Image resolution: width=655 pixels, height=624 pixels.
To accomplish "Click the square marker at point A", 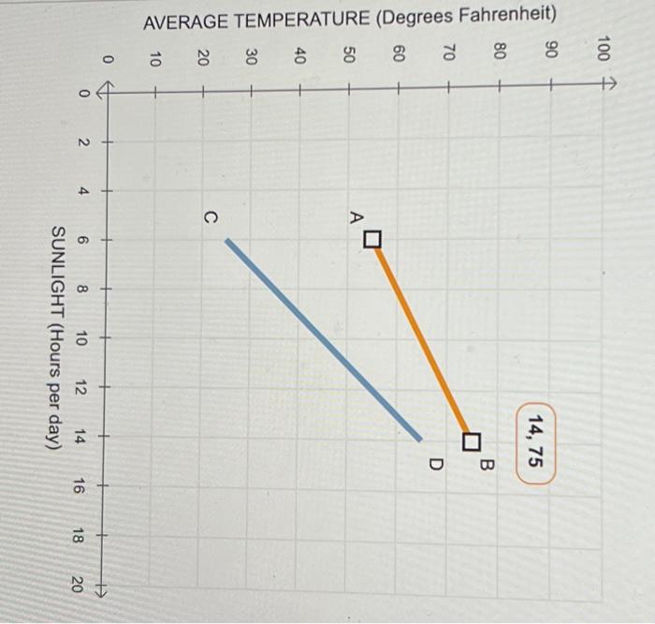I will (372, 241).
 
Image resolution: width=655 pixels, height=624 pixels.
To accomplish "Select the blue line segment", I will (324, 339).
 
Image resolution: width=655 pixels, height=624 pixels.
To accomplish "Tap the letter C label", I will (210, 217).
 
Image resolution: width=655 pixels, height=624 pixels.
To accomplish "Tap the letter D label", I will (434, 464).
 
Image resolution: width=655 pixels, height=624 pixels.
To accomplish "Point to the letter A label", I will (356, 216).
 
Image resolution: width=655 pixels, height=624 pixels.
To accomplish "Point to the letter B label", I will (488, 464).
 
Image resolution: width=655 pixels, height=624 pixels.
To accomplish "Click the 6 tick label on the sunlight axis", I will (81, 241).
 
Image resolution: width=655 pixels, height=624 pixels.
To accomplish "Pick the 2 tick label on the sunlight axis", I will (81, 142).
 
